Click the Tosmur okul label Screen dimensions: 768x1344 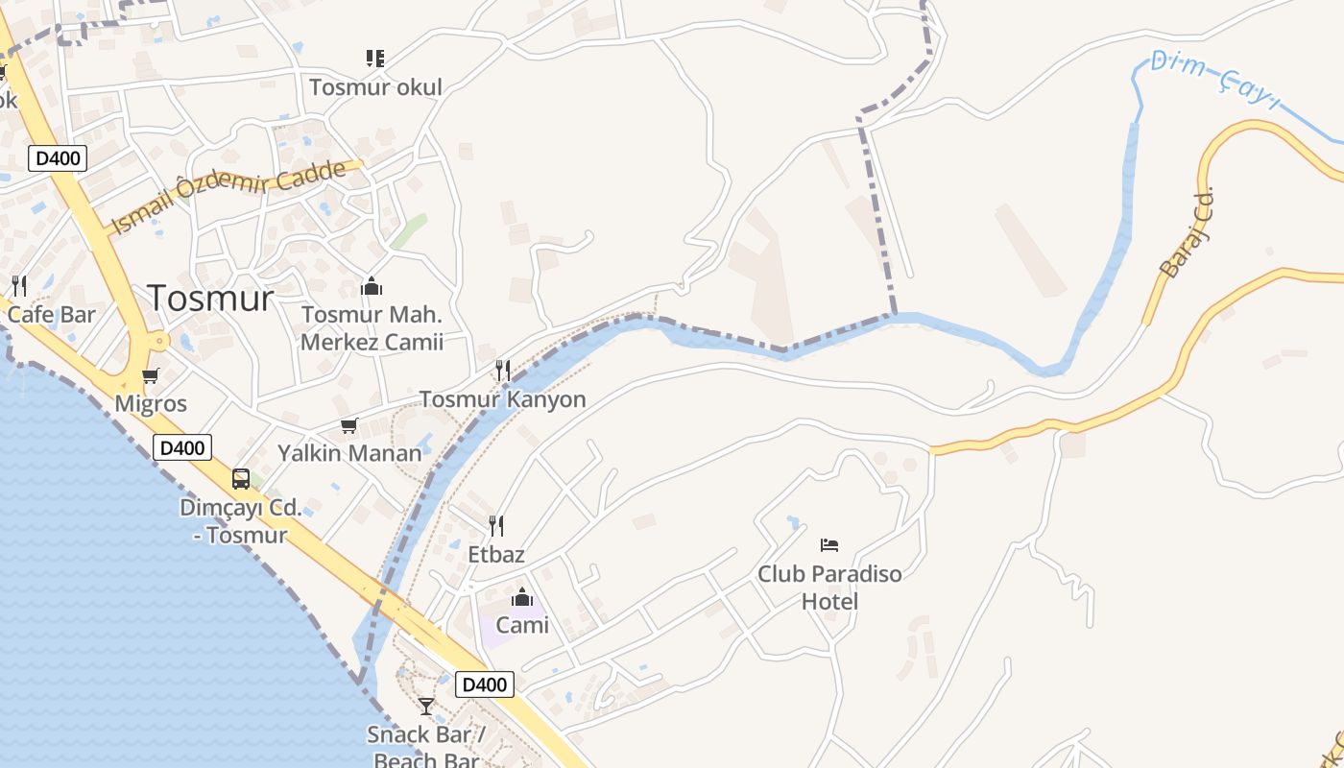click(375, 87)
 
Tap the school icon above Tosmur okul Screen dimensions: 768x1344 click(375, 59)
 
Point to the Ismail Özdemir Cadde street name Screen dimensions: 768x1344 click(228, 196)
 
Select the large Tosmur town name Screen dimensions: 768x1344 click(210, 298)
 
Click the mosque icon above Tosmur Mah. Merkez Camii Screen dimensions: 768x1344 click(372, 286)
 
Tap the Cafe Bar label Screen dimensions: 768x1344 click(51, 314)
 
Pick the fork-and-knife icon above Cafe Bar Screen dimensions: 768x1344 click(18, 285)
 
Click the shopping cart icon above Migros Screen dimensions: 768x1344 click(150, 376)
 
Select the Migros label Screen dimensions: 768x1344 click(151, 404)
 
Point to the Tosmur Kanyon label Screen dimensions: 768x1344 click(502, 399)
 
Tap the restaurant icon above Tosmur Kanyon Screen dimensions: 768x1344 click(501, 370)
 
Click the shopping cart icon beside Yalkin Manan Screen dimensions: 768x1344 click(348, 425)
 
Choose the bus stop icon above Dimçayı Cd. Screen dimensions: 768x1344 click(241, 479)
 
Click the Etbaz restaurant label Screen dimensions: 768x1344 click(496, 554)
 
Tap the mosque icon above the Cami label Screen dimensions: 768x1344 click(522, 598)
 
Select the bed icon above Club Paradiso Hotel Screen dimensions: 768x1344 click(829, 545)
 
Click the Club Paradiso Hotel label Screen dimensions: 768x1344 click(829, 588)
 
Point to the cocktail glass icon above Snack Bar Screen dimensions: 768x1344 click(426, 707)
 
